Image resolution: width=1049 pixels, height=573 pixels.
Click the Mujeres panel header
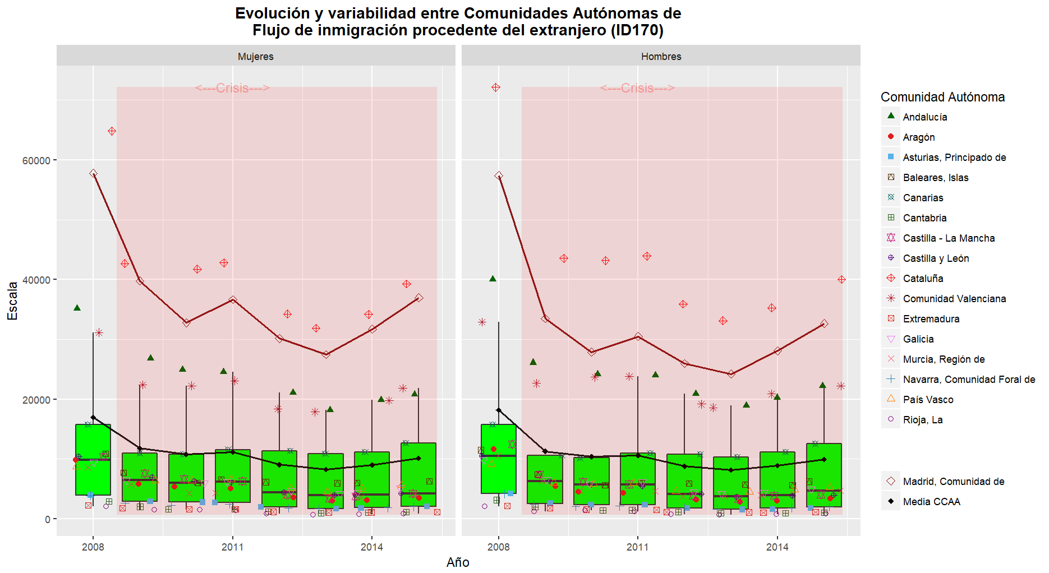tap(255, 57)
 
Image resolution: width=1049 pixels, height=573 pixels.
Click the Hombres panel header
tap(661, 57)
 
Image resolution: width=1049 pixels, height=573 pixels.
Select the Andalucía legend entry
tap(924, 117)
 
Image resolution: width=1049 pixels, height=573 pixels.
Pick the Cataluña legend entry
tap(923, 279)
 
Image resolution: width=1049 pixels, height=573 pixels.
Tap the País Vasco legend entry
tap(928, 400)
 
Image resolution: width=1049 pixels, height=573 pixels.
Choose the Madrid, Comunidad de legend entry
tap(953, 482)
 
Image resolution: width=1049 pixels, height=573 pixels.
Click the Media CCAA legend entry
tap(931, 502)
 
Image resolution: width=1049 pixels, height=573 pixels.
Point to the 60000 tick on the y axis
tap(36, 160)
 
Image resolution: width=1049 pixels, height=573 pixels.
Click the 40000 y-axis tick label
tap(36, 280)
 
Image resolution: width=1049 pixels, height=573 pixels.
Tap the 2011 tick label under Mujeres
tap(232, 547)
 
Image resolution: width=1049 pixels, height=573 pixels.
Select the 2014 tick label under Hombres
tap(777, 547)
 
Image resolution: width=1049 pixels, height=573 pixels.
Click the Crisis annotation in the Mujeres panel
tap(232, 88)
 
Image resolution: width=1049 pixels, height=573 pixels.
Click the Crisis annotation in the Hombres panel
tap(637, 88)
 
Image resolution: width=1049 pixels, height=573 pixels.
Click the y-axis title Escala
tap(12, 301)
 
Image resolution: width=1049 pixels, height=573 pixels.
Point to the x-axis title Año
tap(458, 562)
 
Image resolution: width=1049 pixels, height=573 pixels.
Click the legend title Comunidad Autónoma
tap(942, 97)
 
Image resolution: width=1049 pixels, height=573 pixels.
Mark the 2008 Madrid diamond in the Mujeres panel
tap(93, 174)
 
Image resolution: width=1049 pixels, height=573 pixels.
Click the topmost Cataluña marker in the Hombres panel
tap(496, 87)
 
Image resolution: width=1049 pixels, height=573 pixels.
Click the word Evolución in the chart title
tap(272, 13)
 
